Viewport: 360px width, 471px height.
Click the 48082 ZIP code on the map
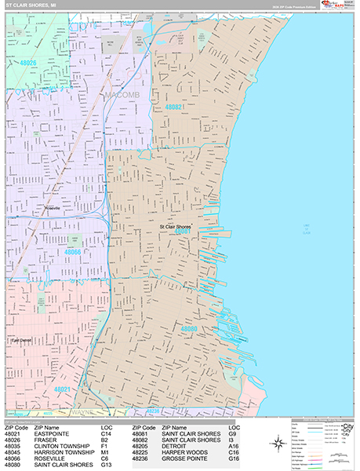click(x=174, y=107)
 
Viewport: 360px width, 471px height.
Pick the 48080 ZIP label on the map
click(x=189, y=329)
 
